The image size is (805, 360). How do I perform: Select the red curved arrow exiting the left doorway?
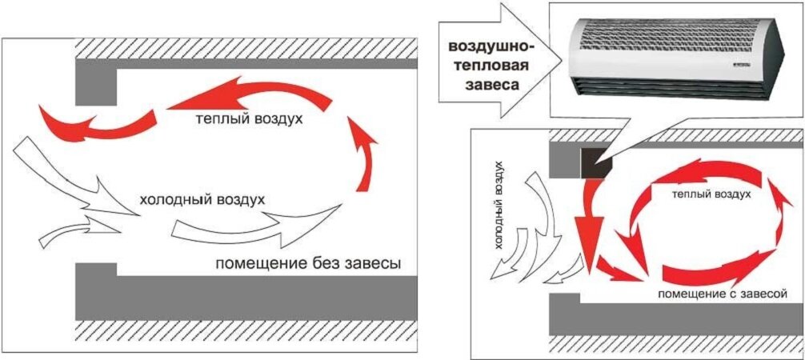(x=96, y=124)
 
